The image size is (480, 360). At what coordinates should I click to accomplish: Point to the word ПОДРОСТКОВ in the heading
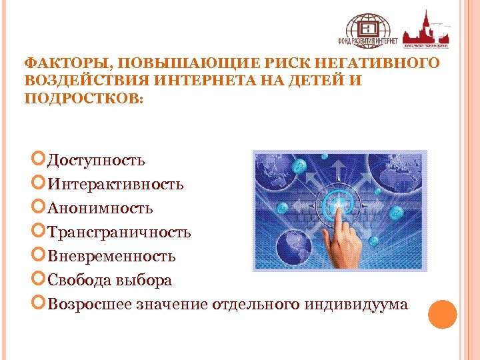point(81,98)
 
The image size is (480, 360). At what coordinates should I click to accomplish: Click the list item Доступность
point(97,161)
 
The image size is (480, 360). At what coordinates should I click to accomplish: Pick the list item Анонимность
point(100,209)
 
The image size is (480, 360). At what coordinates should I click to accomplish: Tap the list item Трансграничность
point(119,233)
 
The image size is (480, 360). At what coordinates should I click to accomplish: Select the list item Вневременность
point(111,257)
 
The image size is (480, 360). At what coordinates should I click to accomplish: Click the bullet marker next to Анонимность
point(39,208)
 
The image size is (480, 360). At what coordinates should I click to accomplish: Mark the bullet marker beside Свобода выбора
point(39,280)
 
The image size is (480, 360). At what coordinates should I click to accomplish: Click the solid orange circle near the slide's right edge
point(442,314)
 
